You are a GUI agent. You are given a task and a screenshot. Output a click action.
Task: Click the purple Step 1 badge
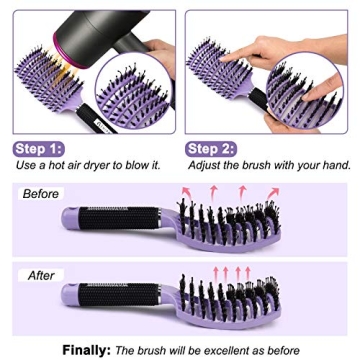(39, 149)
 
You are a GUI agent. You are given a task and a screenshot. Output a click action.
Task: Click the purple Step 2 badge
(211, 149)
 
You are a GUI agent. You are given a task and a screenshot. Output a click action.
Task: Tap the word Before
(41, 194)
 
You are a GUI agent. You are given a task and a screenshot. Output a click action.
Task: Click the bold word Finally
(86, 350)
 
